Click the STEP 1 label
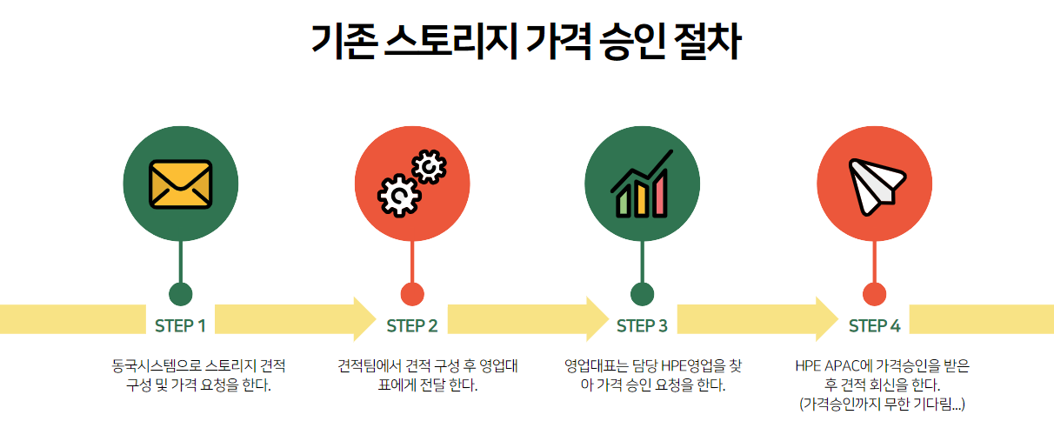click(x=180, y=326)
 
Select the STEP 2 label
click(x=412, y=326)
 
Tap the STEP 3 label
click(x=642, y=326)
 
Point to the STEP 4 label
click(x=874, y=326)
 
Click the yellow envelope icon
click(x=181, y=184)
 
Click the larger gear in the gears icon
click(x=398, y=194)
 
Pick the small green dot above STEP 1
click(x=180, y=294)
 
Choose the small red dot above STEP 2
click(x=412, y=294)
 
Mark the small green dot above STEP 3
click(x=642, y=294)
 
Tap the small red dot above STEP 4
click(x=874, y=294)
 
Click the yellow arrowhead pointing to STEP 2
click(x=364, y=318)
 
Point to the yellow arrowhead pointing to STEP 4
click(x=827, y=318)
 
